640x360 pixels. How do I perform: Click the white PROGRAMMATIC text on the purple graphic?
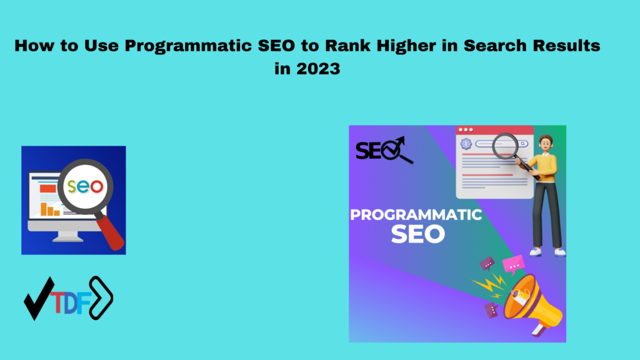point(416,215)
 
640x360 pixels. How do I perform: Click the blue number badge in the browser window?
point(465,144)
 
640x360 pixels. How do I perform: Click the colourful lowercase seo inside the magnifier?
point(87,186)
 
